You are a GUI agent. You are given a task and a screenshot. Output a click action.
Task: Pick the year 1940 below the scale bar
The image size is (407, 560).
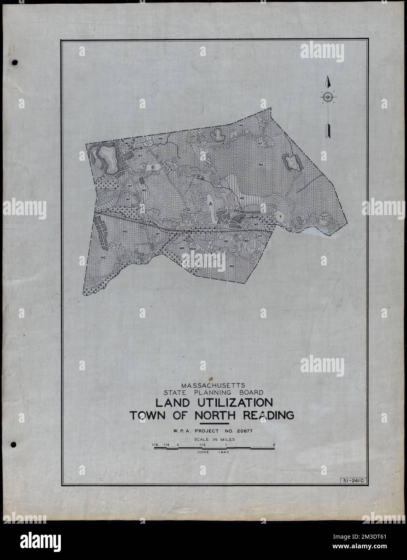pyautogui.click(x=222, y=452)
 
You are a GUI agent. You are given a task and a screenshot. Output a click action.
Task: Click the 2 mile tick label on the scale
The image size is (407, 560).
pyautogui.click(x=274, y=445)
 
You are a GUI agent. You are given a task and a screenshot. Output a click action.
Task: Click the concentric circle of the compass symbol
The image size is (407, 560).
pyautogui.click(x=328, y=97)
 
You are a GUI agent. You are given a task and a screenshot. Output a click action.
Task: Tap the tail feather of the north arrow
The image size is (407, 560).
pyautogui.click(x=328, y=131)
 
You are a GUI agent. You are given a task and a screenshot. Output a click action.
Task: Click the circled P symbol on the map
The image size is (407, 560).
pyautogui.click(x=153, y=167)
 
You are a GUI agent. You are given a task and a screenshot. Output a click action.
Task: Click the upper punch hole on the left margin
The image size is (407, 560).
pyautogui.click(x=15, y=63)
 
